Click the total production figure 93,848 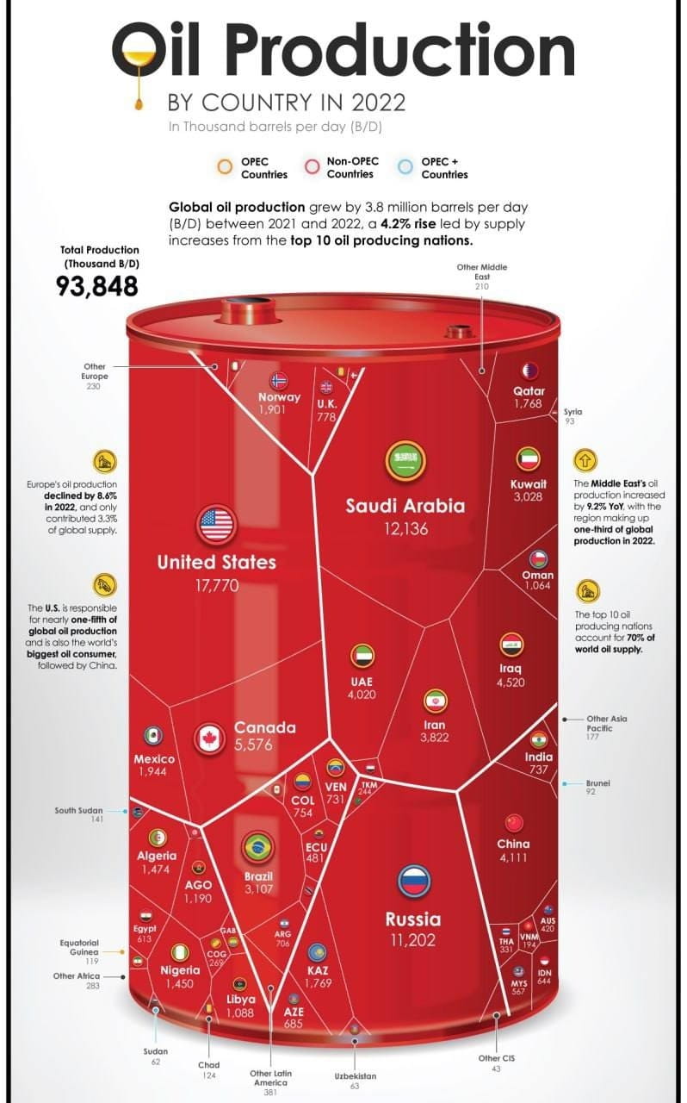coord(97,286)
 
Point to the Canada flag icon coord(209,738)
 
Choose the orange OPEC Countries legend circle coord(225,167)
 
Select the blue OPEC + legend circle coord(405,167)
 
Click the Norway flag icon coord(279,381)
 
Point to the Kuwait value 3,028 coord(527,497)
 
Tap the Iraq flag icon coord(511,645)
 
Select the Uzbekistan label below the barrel coord(355,1076)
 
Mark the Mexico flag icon coord(154,736)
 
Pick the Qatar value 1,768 coord(527,403)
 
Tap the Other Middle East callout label coord(482,271)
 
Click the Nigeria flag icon coord(180,952)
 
